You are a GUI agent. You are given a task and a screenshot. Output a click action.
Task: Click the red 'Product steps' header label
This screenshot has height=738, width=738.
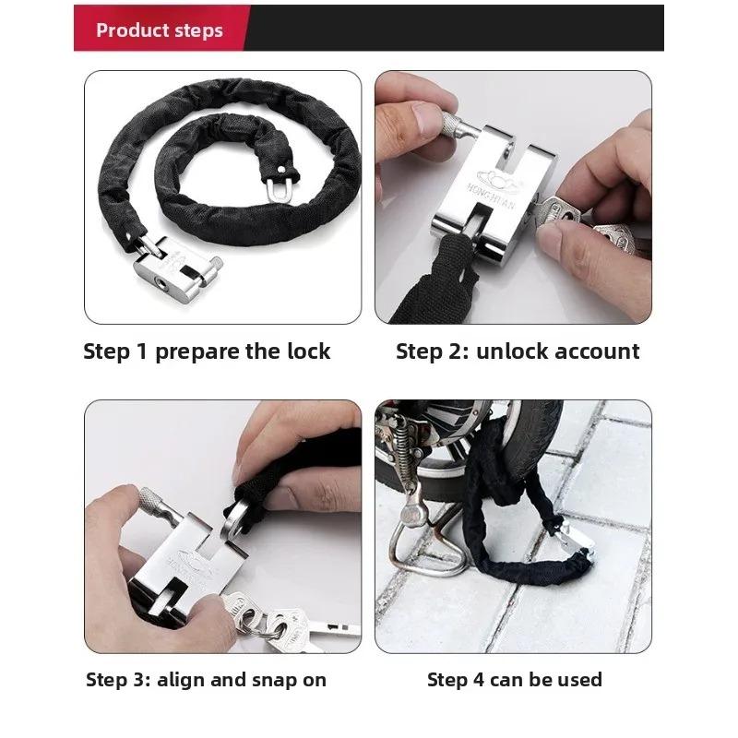159,30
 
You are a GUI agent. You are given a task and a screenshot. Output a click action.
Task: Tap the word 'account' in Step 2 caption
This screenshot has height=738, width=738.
597,351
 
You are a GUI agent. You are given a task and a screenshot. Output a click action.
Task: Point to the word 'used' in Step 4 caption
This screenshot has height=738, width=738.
581,681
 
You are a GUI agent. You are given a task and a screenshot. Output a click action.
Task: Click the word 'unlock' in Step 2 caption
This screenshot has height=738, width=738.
513,351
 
